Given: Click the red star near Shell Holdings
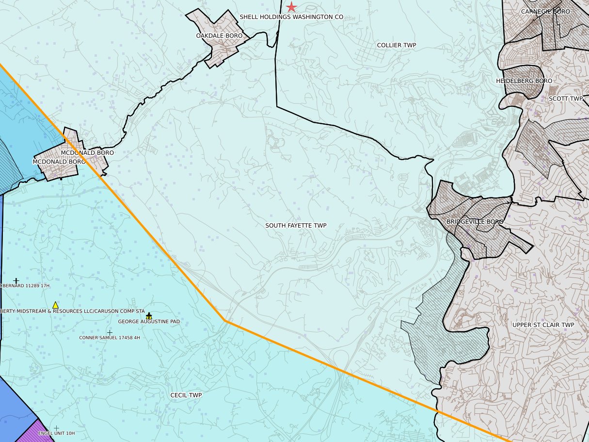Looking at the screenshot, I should pos(291,7).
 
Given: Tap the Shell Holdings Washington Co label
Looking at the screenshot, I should pos(291,17).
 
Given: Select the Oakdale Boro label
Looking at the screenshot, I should pos(219,36).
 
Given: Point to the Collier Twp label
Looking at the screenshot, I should pos(397,45).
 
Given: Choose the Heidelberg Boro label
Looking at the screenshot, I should pos(524,81).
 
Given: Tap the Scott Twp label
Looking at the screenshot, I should pos(565,98).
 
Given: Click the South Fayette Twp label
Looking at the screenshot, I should pos(296,226).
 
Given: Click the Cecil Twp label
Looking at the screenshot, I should pos(186,395).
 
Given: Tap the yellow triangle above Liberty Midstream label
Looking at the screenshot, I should pos(55,305).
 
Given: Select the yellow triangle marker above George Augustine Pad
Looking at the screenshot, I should pos(149,316).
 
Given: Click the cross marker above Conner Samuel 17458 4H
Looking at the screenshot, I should pos(110,332).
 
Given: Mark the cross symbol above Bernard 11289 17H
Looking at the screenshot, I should pos(16,280).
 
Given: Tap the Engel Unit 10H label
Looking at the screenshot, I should pos(56,433).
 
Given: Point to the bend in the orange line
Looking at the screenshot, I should pos(225,320).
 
